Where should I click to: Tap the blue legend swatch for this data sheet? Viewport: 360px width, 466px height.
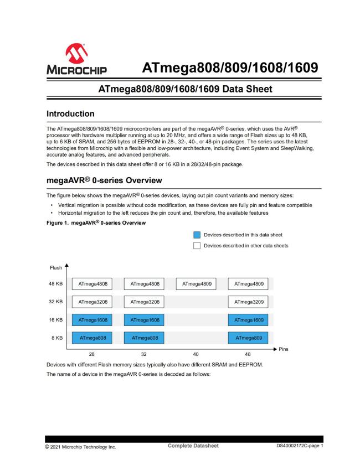(x=197, y=235)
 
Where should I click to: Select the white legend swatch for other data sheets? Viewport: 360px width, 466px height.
(x=197, y=246)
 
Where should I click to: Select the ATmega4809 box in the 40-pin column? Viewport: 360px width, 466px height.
(x=196, y=284)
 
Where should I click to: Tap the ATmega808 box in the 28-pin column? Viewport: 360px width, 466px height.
(x=92, y=338)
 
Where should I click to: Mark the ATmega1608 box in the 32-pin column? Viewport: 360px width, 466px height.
(x=144, y=320)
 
